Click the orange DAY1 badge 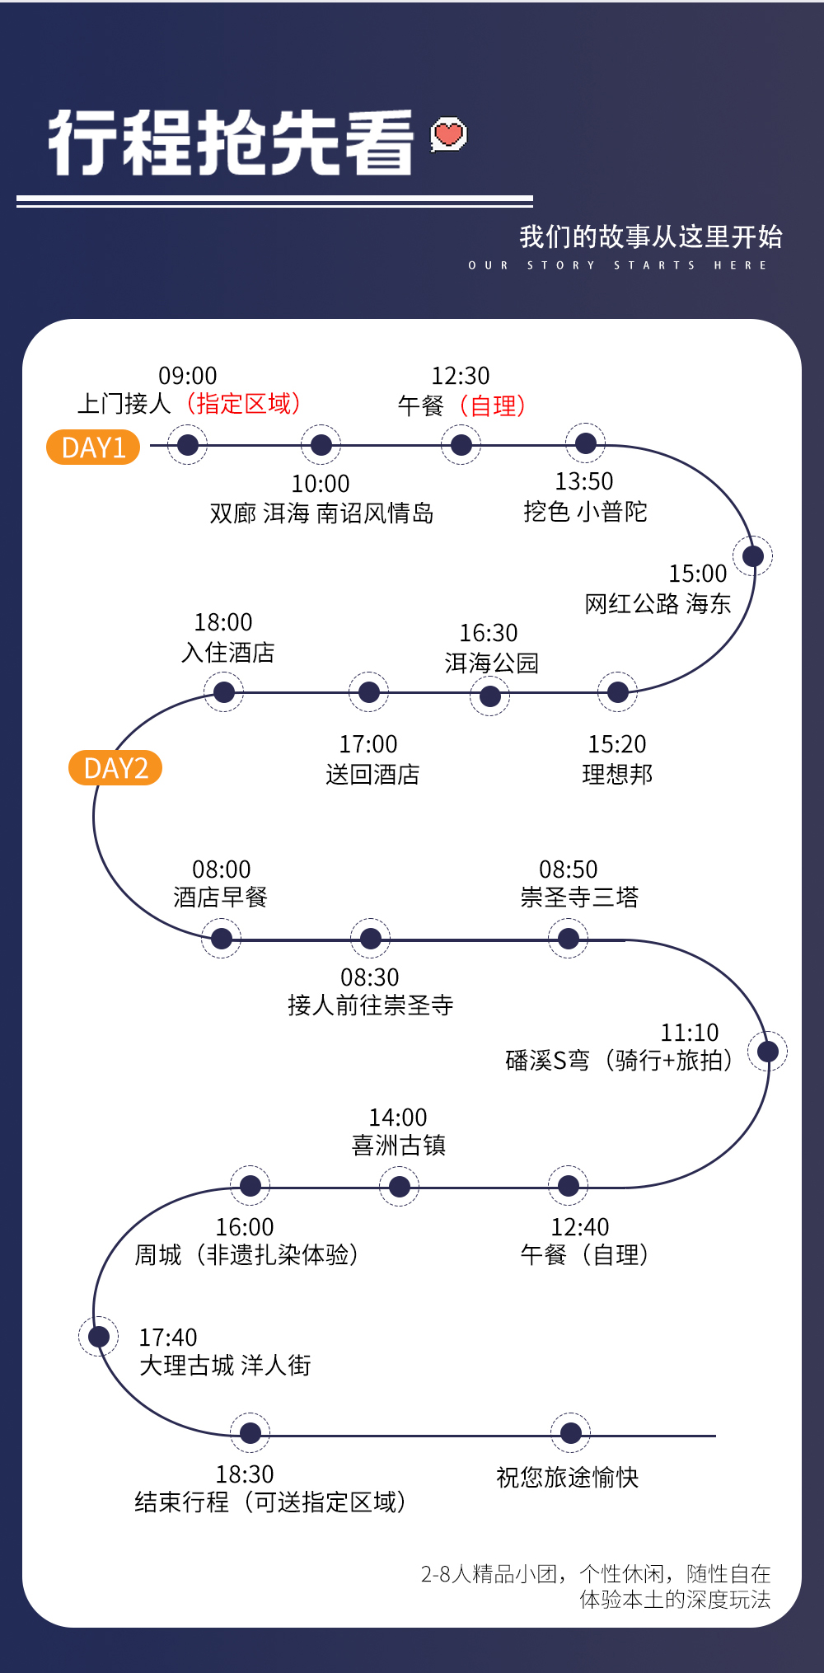coord(93,448)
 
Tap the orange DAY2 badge coord(115,768)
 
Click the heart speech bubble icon coord(449,134)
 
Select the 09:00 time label coord(187,376)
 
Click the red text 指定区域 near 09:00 coord(244,404)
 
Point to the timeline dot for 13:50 coord(585,444)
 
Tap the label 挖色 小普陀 coord(585,512)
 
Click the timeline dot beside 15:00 coord(752,555)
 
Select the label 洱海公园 coord(491,663)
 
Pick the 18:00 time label coord(223,622)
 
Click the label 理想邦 coord(617,774)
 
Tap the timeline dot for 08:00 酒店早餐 coord(222,939)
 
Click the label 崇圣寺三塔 coord(579,897)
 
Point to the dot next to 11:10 coord(767,1052)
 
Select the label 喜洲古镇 coord(398,1146)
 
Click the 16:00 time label coord(245,1227)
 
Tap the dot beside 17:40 coord(98,1336)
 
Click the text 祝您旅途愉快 coord(567,1477)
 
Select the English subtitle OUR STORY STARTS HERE coord(618,265)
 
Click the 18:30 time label coord(245,1474)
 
